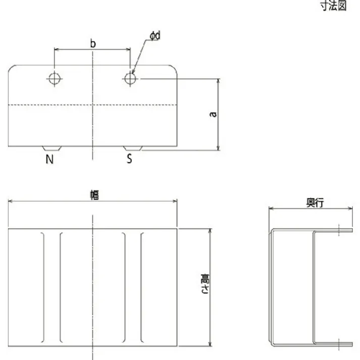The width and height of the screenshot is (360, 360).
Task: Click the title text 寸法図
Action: pos(334,6)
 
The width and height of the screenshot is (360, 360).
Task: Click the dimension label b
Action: pos(93,43)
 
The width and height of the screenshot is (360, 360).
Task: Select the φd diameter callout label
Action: pos(155,35)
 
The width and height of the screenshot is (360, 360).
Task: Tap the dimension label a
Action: pos(214,114)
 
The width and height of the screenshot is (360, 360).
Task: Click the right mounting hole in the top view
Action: pos(130,79)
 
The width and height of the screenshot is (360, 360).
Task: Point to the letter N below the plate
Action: pos(49,160)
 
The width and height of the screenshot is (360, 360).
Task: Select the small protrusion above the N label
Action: pos(52,148)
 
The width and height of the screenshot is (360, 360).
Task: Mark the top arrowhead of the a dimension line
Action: pos(218,81)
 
